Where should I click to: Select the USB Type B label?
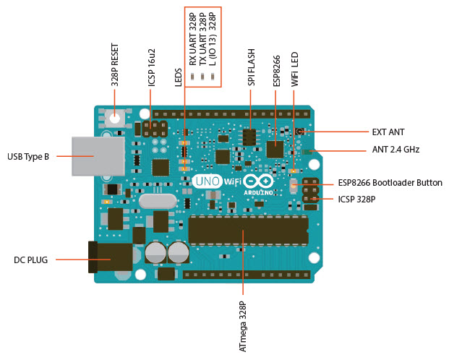pyautogui.click(x=28, y=155)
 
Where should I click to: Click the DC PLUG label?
pyautogui.click(x=31, y=259)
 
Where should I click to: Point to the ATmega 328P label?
pyautogui.click(x=244, y=326)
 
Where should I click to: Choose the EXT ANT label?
pyautogui.click(x=388, y=132)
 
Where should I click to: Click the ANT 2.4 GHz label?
pyautogui.click(x=395, y=150)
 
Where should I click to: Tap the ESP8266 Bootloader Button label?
pyautogui.click(x=390, y=183)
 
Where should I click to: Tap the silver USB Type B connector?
pyautogui.click(x=92, y=155)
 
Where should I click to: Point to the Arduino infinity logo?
pyautogui.click(x=258, y=182)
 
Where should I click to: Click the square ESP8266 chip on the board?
pyautogui.click(x=275, y=149)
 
